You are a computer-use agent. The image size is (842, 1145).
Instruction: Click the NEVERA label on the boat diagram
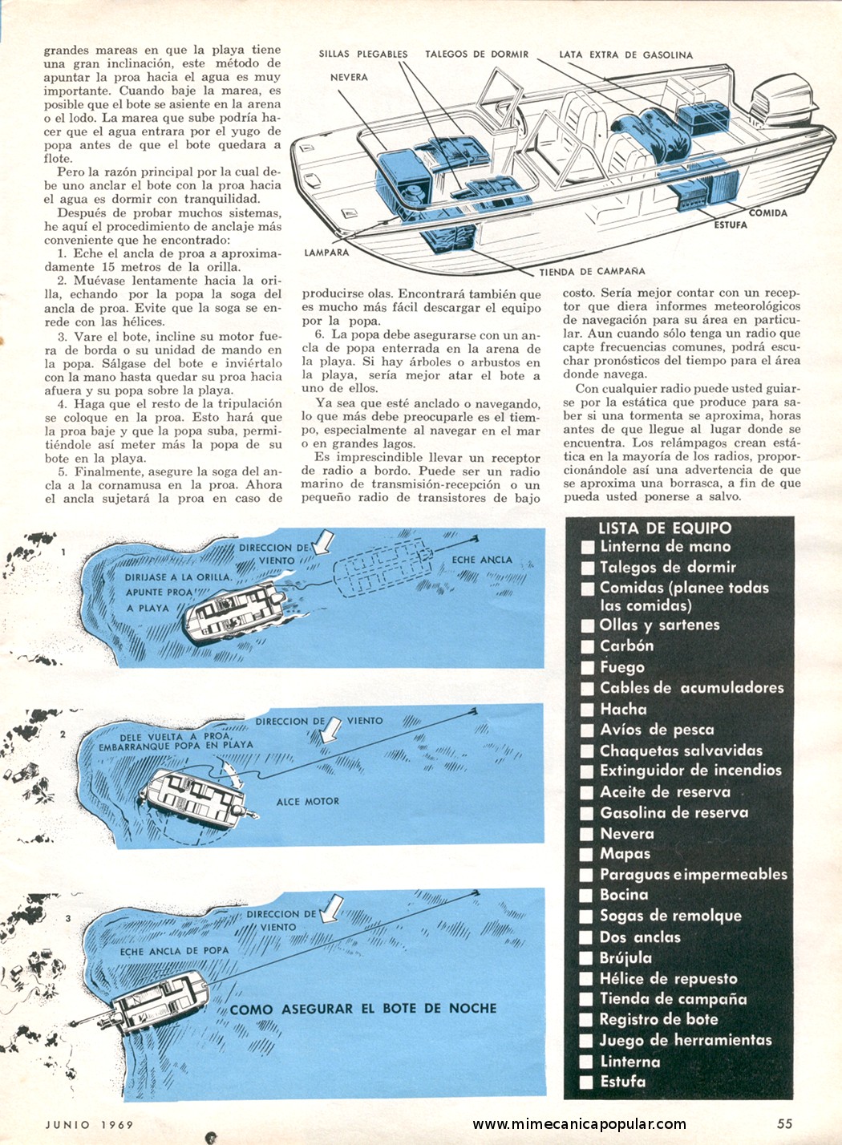point(349,77)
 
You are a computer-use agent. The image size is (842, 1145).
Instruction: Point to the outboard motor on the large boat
point(783,107)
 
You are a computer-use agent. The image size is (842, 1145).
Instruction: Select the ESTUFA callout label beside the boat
point(731,225)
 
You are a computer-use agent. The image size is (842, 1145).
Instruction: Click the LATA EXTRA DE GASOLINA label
point(625,55)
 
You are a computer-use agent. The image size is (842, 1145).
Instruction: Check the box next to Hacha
point(588,710)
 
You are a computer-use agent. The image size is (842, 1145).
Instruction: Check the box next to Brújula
point(588,958)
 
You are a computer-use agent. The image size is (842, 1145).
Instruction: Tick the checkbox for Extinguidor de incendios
point(588,771)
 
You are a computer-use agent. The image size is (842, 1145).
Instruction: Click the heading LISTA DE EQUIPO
point(665,528)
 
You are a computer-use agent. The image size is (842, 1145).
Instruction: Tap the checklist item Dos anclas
point(640,937)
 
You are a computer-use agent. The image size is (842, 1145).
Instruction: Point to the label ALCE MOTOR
point(308,801)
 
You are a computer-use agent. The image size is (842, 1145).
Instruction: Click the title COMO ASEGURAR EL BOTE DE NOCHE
point(363,1009)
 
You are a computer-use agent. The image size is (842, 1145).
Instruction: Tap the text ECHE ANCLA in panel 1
point(482,560)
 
